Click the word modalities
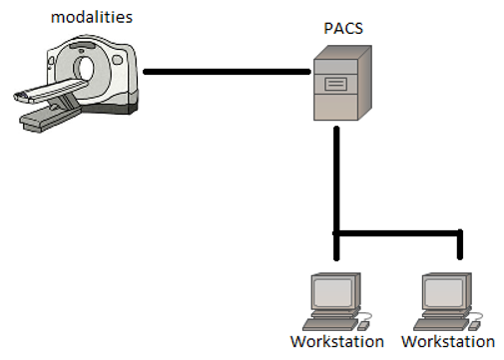(65, 17)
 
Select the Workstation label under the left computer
(336, 342)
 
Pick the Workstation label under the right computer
(448, 342)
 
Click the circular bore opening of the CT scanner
(86, 69)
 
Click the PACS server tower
(339, 90)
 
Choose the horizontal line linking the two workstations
(399, 233)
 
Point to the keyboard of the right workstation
(443, 323)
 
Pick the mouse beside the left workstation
(365, 324)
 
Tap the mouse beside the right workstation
(477, 324)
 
